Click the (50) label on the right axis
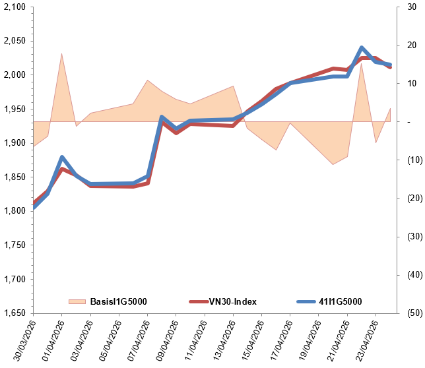tap(410, 313)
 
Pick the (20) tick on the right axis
tap(410, 198)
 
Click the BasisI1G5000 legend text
tap(118, 302)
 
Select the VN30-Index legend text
tap(233, 302)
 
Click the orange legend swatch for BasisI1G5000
tap(77, 302)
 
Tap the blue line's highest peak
tap(362, 47)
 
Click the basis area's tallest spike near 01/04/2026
tap(61, 53)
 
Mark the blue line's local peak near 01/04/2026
tap(61, 157)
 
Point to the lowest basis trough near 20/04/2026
tap(333, 164)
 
